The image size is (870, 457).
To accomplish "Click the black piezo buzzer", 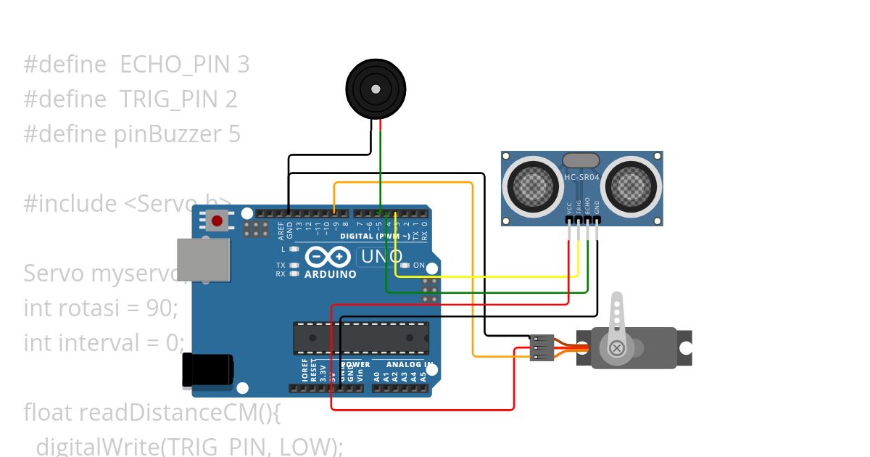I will tap(375, 88).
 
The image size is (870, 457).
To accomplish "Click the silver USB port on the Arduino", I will tap(204, 260).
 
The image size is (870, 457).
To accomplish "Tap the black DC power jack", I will tap(207, 369).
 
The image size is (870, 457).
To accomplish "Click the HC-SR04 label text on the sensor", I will tap(581, 177).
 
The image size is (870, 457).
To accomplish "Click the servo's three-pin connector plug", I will tap(542, 347).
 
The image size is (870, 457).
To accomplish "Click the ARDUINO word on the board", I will tap(331, 274).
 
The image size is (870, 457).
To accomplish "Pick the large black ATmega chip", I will tap(360, 338).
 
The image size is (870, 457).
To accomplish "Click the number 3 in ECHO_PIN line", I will tap(243, 65).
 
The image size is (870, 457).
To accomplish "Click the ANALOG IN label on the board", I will tap(410, 364).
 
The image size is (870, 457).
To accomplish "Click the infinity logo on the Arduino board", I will tap(329, 257).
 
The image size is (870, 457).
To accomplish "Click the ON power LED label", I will tap(419, 265).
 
